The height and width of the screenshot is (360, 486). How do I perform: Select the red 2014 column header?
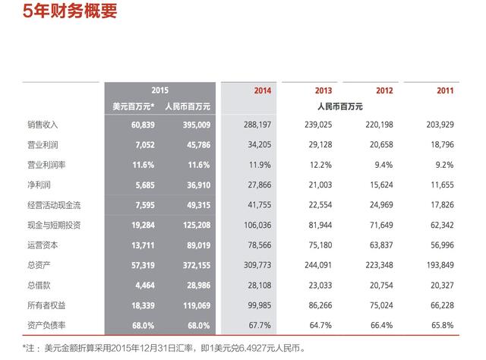click(x=262, y=90)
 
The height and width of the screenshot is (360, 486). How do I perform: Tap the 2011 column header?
click(x=445, y=90)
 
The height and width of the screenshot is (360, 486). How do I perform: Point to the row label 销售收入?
click(x=21, y=124)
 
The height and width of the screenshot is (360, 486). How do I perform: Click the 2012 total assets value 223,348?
click(x=377, y=267)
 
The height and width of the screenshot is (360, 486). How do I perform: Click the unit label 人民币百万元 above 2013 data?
click(x=339, y=106)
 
